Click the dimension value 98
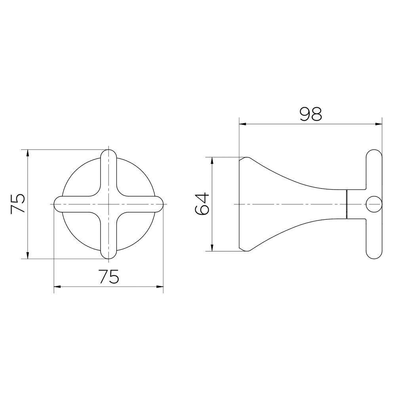(x=311, y=114)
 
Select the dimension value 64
(x=202, y=204)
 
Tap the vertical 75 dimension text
(x=18, y=204)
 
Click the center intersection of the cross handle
(x=109, y=204)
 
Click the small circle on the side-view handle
(x=373, y=204)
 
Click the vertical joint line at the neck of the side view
(x=347, y=204)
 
